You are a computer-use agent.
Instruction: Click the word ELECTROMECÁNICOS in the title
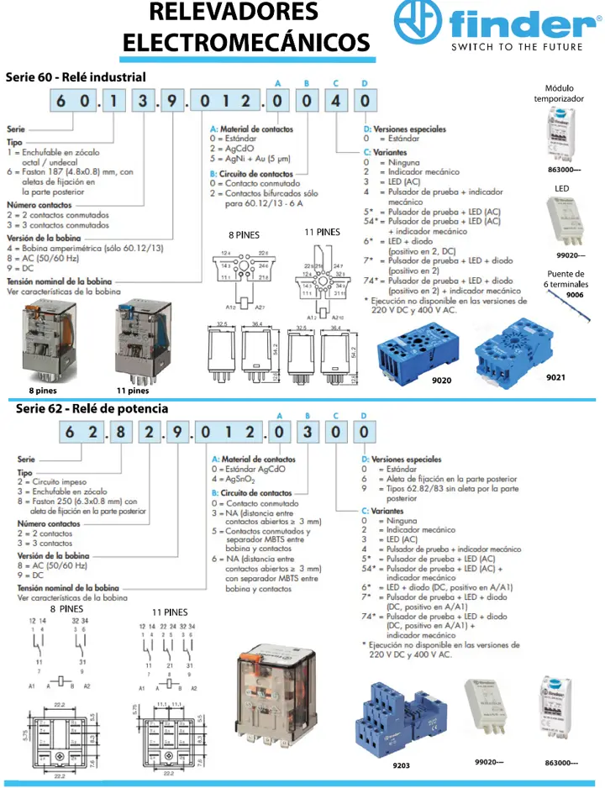point(246,42)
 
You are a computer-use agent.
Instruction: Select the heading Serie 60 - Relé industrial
point(76,76)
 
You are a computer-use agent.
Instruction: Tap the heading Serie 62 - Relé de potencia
point(92,408)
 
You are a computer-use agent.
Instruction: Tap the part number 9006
point(575,295)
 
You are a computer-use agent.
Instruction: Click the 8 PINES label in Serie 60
point(245,234)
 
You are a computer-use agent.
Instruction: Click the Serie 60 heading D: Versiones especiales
point(404,129)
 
